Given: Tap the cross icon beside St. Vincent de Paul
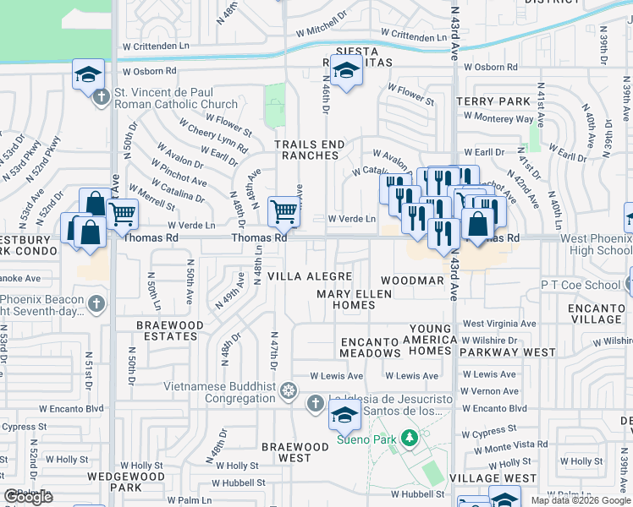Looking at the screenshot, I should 101,94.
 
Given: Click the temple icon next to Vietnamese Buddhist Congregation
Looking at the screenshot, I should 289,391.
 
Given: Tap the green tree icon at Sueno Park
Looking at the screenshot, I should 410,439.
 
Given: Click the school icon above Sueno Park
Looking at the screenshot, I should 344,414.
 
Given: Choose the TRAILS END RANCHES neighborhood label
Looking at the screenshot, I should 309,150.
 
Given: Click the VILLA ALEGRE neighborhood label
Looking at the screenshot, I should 310,276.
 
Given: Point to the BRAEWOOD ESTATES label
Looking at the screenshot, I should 171,330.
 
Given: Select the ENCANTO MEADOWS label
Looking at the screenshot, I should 370,346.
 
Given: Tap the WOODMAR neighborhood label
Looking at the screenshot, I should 411,280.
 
